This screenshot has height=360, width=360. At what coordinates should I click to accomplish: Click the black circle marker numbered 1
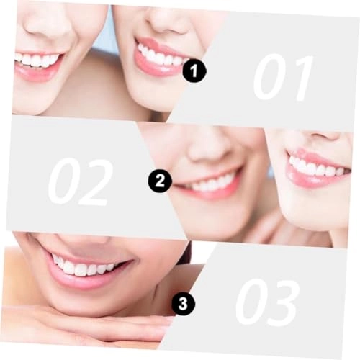click(194, 71)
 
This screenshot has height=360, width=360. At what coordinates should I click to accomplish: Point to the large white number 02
click(80, 181)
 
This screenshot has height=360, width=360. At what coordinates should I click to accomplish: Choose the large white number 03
click(267, 302)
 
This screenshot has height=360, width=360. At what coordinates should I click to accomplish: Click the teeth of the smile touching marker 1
click(160, 57)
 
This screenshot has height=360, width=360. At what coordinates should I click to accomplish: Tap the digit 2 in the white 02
click(96, 181)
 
